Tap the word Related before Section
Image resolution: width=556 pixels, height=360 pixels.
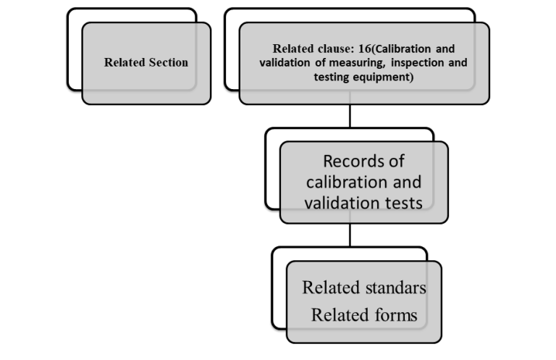click(125, 62)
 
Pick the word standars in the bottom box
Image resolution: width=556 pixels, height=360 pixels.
click(395, 288)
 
